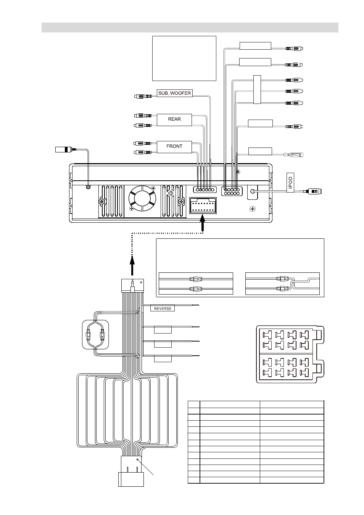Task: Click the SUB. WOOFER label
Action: tap(174, 93)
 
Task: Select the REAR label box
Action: tap(174, 120)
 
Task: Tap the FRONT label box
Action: tap(174, 147)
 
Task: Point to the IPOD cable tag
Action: tap(290, 183)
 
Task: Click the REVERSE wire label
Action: tap(163, 308)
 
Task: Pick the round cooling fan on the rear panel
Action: tap(142, 198)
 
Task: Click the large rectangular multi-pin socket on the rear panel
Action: tap(203, 206)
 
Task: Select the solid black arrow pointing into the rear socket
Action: tap(203, 223)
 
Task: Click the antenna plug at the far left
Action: tap(66, 149)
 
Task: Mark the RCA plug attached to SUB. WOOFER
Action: tap(143, 96)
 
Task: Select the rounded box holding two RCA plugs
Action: tap(95, 335)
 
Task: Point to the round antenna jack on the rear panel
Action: tap(88, 187)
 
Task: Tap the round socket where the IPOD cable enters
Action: tap(252, 191)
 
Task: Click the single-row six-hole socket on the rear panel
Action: tap(205, 189)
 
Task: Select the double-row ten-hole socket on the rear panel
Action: tap(232, 191)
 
